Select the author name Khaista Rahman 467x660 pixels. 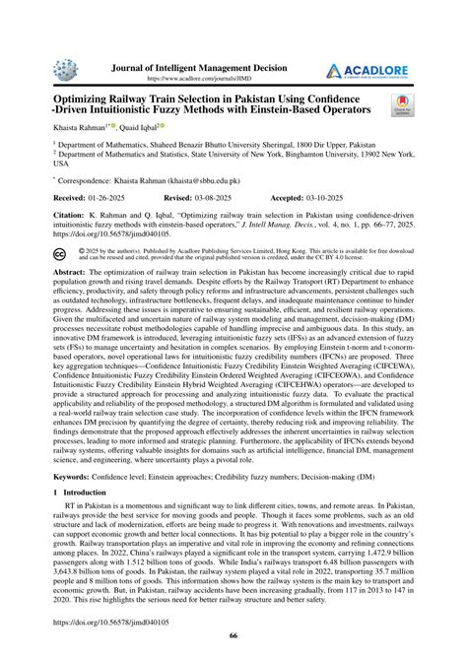click(x=84, y=128)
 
